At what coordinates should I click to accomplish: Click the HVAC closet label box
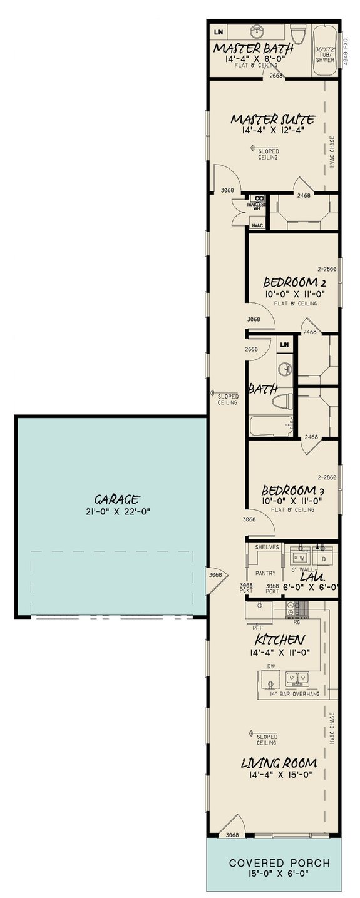tap(257, 225)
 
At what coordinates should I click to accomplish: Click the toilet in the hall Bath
tap(285, 400)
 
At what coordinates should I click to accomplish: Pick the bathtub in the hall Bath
tap(270, 427)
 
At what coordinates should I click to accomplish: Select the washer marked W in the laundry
tap(302, 556)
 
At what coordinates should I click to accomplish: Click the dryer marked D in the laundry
tap(324, 556)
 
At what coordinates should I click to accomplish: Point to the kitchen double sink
tap(297, 678)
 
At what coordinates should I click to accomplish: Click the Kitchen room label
tap(280, 640)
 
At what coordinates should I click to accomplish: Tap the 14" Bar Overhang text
tap(289, 695)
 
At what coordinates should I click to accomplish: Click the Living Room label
tap(279, 763)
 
